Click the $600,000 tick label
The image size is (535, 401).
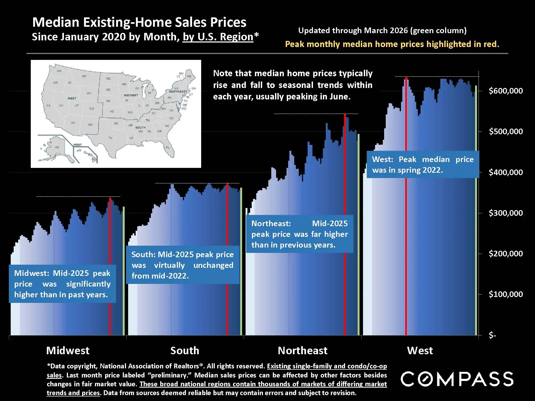point(506,91)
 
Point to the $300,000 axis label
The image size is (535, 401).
point(506,213)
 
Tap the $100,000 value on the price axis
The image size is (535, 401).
point(506,294)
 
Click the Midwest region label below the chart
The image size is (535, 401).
point(68,350)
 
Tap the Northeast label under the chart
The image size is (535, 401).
point(303,350)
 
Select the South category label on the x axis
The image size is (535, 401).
point(185,350)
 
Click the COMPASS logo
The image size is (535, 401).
point(457,379)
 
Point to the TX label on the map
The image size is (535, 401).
point(110,138)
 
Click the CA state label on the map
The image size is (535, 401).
point(48,106)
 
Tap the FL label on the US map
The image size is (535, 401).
point(168,148)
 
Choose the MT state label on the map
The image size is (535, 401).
point(85,76)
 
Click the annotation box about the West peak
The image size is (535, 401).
point(423,165)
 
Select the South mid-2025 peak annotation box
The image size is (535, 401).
point(183,265)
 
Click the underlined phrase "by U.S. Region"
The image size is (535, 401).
point(218,37)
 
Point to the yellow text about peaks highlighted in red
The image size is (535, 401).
point(392,44)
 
